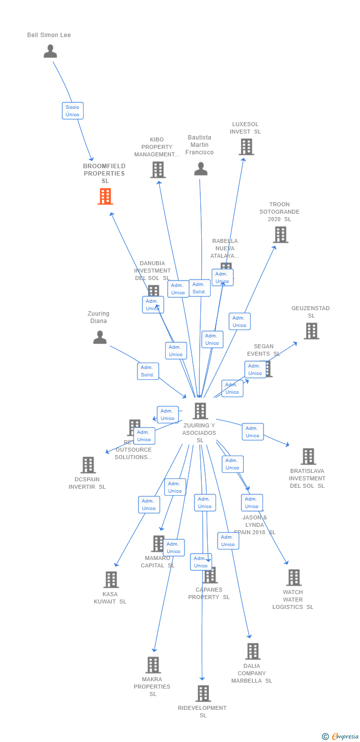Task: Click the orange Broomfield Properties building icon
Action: (105, 196)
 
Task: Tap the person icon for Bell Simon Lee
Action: (50, 51)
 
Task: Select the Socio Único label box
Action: (73, 110)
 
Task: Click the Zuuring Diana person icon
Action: (100, 337)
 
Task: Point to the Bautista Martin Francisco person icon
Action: (201, 169)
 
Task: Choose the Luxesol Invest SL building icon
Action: (246, 147)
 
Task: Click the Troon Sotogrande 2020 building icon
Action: (280, 234)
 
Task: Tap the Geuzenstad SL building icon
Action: (311, 331)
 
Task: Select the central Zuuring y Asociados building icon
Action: (200, 411)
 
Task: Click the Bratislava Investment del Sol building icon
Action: (308, 456)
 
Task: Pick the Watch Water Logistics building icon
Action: (294, 577)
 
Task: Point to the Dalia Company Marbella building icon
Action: (253, 651)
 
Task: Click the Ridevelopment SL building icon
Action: (203, 693)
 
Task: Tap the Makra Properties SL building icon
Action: (153, 665)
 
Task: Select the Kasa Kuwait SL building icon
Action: (111, 579)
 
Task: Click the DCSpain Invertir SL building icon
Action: (88, 465)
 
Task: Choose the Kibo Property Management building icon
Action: (158, 170)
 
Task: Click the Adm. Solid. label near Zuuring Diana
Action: (148, 371)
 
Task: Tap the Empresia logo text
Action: (344, 737)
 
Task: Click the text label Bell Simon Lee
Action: (49, 35)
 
